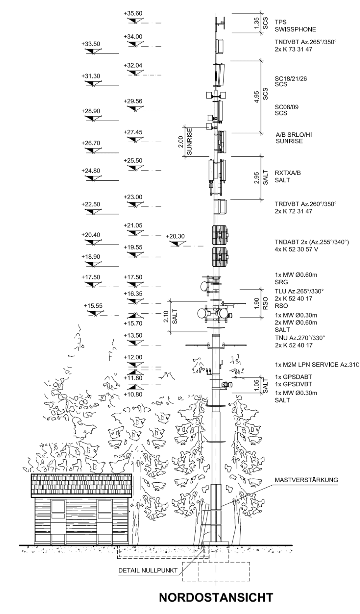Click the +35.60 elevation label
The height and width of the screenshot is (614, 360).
[x=133, y=13]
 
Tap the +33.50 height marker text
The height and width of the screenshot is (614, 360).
[x=90, y=44]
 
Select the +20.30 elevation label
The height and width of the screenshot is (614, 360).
[x=175, y=236]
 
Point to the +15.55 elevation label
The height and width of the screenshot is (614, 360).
[x=93, y=306]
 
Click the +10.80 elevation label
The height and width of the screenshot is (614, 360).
[x=133, y=394]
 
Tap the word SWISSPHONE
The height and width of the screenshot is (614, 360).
[x=295, y=29]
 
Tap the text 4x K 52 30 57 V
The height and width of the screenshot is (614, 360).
[x=296, y=249]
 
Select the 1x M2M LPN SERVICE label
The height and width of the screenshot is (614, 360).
[x=315, y=365]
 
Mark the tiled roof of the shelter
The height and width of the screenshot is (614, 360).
[x=82, y=484]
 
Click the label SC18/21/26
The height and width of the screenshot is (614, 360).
[x=290, y=78]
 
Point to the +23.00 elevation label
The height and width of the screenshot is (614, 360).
[x=133, y=197]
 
